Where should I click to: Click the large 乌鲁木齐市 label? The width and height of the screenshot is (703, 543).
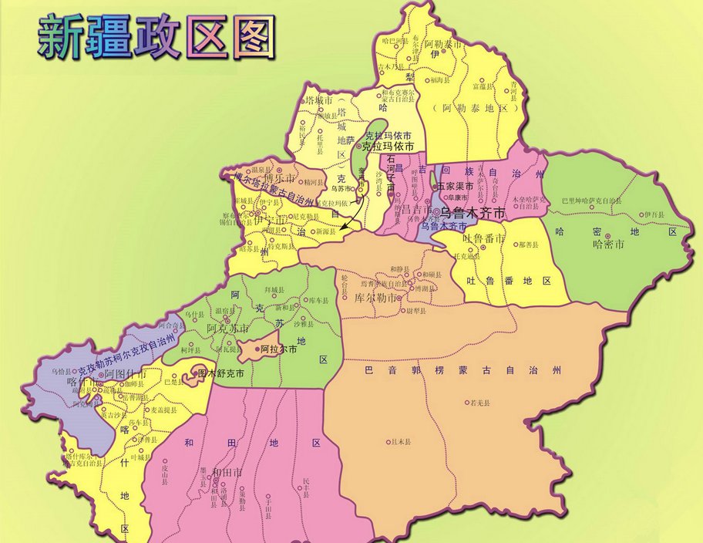pos(472,211)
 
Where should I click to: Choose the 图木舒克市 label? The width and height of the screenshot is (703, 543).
pos(220,373)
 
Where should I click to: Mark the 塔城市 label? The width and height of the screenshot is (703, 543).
pos(318,100)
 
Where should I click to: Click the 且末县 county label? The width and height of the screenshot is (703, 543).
pos(401,442)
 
